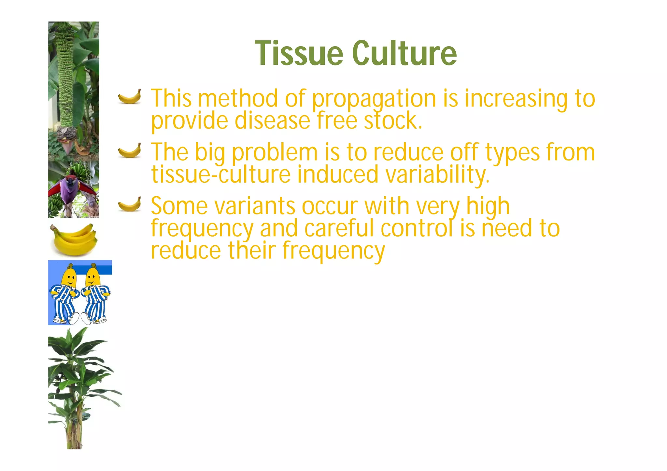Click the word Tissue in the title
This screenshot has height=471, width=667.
[299, 53]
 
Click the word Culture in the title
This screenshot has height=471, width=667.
[404, 53]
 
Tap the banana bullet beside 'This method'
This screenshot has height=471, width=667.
[130, 97]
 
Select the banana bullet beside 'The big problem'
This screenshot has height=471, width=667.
[130, 150]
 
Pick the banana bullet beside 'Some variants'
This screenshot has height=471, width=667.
[130, 204]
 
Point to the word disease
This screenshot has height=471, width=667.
[272, 120]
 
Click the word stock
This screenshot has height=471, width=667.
[393, 120]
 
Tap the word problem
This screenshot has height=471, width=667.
[275, 153]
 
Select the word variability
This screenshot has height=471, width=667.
[437, 174]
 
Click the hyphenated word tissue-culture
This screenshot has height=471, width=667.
[221, 174]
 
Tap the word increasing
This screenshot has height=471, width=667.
[516, 100]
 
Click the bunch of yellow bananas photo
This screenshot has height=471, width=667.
[74, 239]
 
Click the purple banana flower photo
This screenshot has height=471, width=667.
[73, 189]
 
